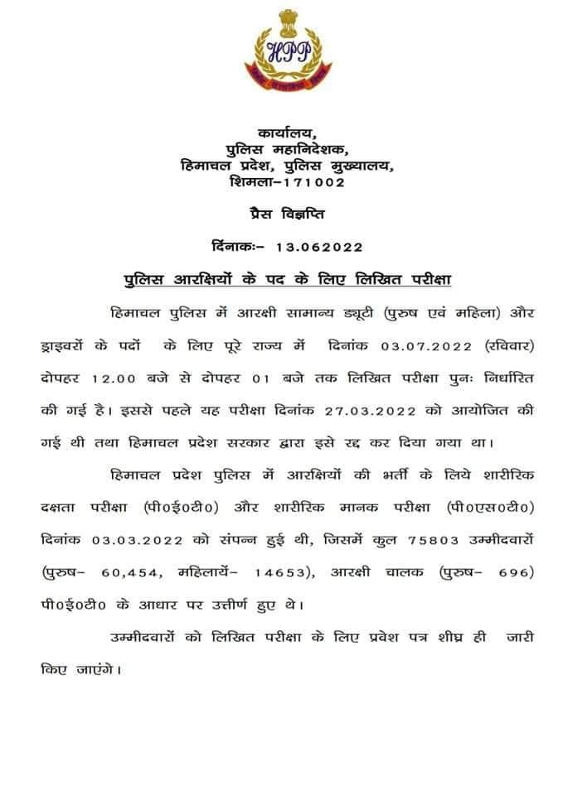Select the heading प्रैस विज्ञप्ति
tap(287, 214)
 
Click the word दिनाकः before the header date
tap(236, 247)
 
